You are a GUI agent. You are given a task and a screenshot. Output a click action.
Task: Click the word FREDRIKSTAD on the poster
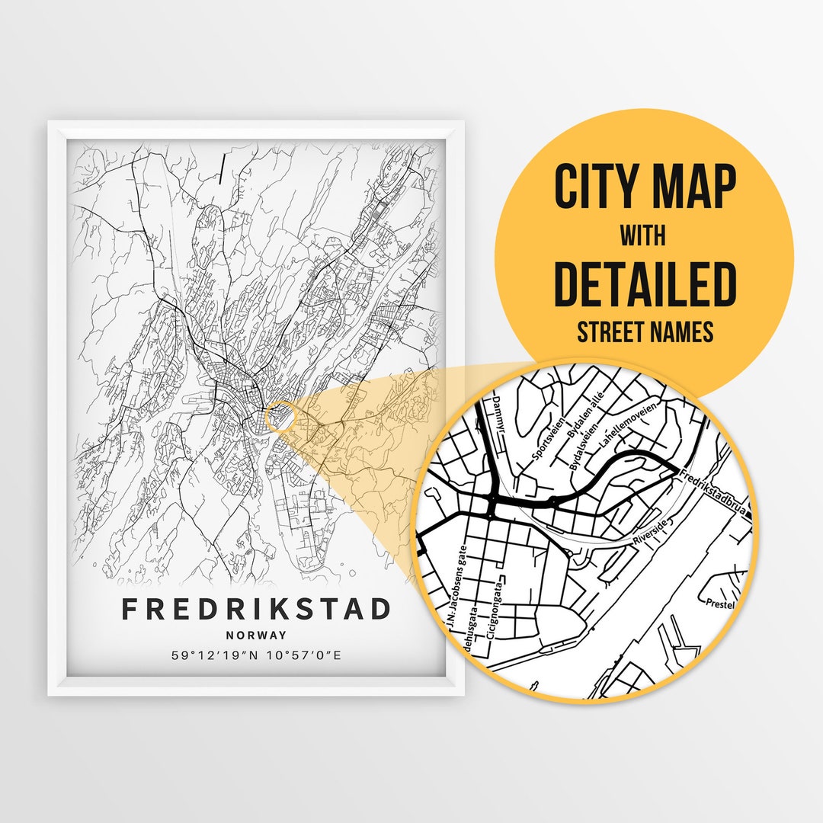pyautogui.click(x=256, y=609)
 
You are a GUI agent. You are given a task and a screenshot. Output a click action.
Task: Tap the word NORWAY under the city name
pyautogui.click(x=256, y=635)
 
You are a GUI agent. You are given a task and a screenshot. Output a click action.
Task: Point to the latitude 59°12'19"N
pyautogui.click(x=208, y=655)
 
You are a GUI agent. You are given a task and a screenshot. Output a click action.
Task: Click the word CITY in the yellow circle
pyautogui.click(x=597, y=187)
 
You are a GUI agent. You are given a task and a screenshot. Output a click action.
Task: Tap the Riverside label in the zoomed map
pyautogui.click(x=650, y=531)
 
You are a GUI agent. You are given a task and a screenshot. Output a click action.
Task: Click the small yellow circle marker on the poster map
pyautogui.click(x=280, y=415)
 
